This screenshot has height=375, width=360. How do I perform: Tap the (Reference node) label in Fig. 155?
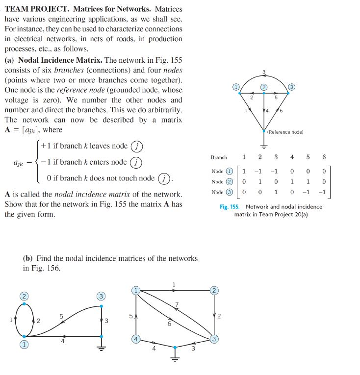286,132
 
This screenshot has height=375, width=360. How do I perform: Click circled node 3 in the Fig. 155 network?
292,87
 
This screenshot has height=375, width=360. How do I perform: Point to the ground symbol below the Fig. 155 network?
264,146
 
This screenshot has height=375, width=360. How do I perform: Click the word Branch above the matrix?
219,157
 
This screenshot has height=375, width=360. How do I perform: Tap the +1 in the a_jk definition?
48,146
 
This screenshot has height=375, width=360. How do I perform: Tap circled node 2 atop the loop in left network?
23,296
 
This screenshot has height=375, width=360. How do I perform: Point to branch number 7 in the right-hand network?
177,305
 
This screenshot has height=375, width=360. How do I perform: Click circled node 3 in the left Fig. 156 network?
101,296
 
